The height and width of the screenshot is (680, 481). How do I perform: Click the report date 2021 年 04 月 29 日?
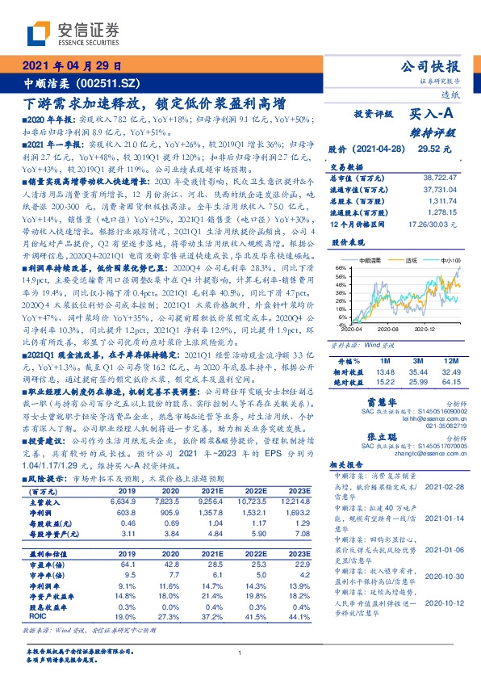(x=72, y=66)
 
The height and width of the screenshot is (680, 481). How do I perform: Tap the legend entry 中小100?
(x=450, y=260)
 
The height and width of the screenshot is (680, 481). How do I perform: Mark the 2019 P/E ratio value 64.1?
(x=148, y=563)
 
